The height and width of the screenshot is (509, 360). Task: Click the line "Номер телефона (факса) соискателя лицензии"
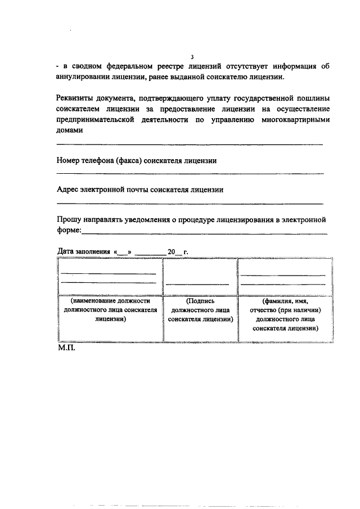pyautogui.click(x=137, y=160)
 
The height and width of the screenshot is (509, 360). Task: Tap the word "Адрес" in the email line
pyautogui.click(x=69, y=190)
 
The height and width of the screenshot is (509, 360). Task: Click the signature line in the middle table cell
pyautogui.click(x=197, y=283)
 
